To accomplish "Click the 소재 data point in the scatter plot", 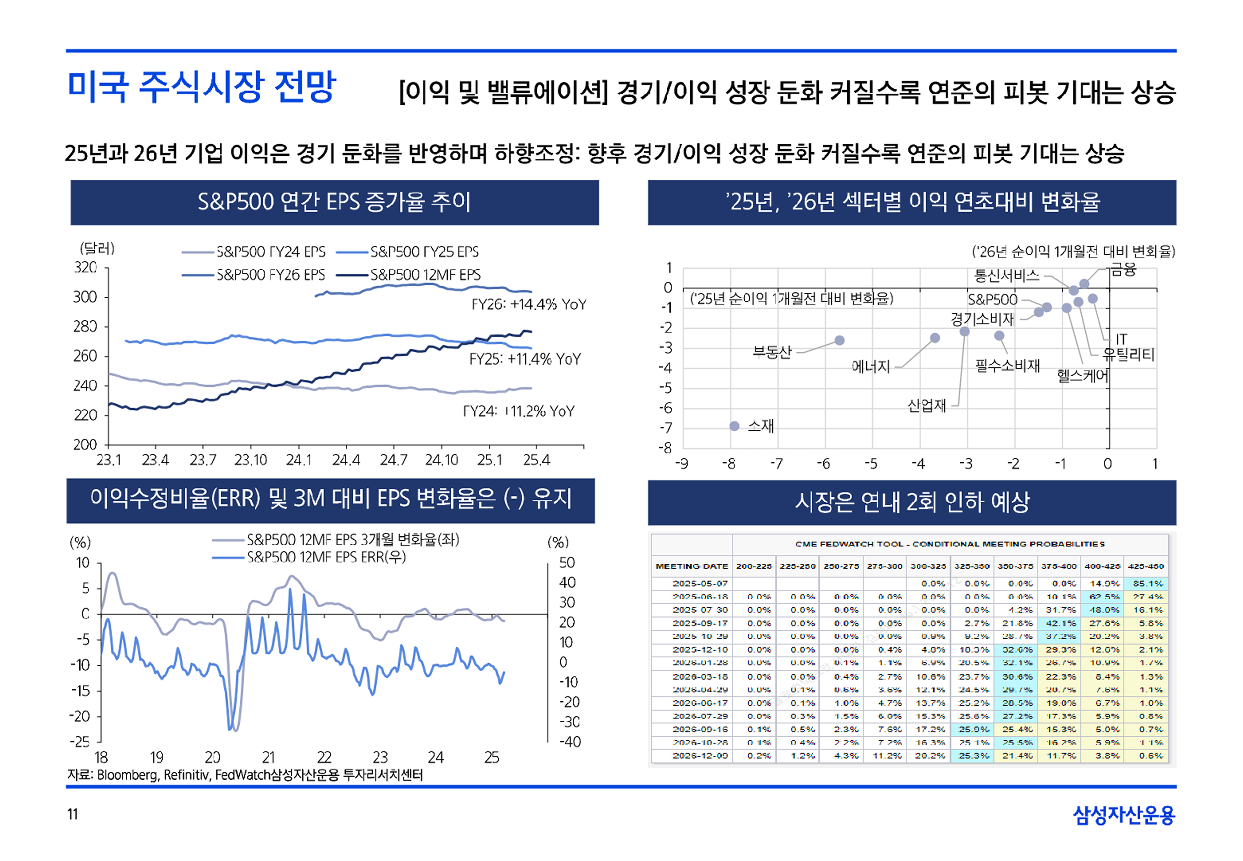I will (734, 426).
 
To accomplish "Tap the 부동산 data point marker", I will (839, 340).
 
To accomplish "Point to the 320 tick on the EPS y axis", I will (85, 268).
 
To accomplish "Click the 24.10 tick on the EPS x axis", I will (441, 460).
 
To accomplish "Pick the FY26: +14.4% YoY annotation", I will (529, 305).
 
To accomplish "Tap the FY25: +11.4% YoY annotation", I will (525, 359).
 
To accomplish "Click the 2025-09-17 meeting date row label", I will (700, 623).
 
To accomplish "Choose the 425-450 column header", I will (1146, 566).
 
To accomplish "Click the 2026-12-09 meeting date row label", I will (700, 756).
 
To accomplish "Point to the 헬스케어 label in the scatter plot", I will (1082, 376).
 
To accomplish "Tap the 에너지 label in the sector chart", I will (870, 367).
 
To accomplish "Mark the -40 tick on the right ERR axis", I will (570, 742).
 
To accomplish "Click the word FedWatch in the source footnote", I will (242, 775).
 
